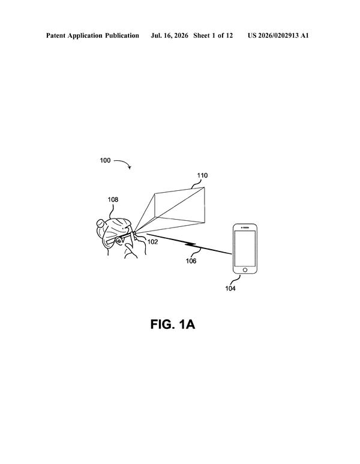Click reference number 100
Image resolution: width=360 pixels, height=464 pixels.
click(105, 160)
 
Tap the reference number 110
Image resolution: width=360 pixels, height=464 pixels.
click(202, 175)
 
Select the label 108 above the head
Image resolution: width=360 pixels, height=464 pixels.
click(113, 199)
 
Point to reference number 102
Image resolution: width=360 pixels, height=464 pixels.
click(152, 242)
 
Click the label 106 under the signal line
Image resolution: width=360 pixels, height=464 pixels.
click(191, 261)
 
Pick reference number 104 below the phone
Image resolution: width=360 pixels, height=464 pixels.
click(230, 288)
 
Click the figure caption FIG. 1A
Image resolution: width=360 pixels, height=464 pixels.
click(173, 324)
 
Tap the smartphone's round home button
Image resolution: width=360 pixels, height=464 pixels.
click(245, 270)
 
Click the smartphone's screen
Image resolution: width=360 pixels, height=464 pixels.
click(245, 249)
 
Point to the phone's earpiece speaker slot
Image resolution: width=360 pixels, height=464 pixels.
click(245, 227)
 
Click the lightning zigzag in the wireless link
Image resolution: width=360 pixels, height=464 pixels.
click(191, 244)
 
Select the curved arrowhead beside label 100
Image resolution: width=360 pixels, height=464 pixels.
click(129, 167)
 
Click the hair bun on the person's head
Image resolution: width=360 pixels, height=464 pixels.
click(100, 223)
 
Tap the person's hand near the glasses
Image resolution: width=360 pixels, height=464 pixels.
click(136, 248)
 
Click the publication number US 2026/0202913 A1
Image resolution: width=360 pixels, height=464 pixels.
click(278, 36)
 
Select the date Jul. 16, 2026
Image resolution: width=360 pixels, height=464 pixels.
click(169, 36)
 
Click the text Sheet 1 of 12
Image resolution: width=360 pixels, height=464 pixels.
click(213, 36)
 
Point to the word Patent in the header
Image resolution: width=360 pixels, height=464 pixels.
click(56, 36)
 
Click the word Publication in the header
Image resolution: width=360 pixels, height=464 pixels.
click(122, 36)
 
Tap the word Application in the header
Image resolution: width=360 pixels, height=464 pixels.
click(85, 36)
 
